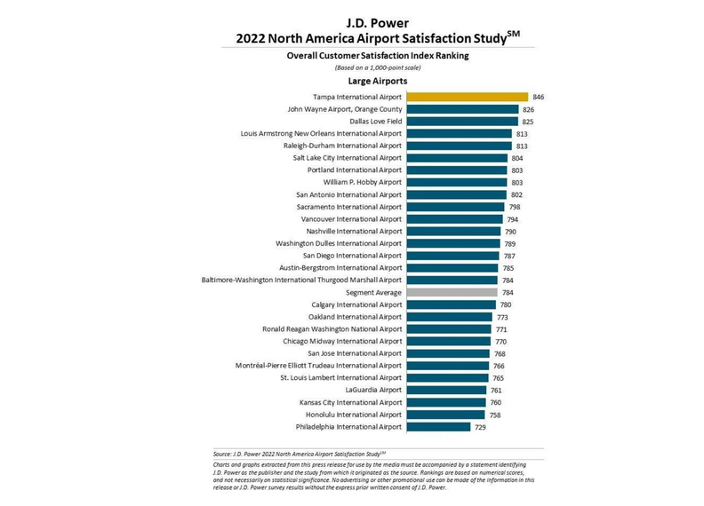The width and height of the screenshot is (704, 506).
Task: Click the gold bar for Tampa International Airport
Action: pyautogui.click(x=467, y=97)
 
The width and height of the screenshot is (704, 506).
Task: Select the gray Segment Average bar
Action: pyautogui.click(x=452, y=292)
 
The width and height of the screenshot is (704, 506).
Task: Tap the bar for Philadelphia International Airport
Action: pyautogui.click(x=438, y=427)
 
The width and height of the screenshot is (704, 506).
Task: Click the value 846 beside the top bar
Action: pyautogui.click(x=539, y=97)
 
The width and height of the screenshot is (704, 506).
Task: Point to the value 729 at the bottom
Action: pyautogui.click(x=481, y=427)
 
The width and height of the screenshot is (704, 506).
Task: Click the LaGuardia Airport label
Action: pyautogui.click(x=373, y=390)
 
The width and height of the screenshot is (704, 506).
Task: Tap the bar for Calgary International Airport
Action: pyautogui.click(x=451, y=304)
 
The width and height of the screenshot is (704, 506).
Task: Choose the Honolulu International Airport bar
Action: pyautogui.click(x=445, y=415)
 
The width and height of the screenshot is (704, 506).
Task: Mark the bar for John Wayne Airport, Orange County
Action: pyautogui.click(x=462, y=109)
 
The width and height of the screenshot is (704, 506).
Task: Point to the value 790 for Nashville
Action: pyautogui.click(x=510, y=231)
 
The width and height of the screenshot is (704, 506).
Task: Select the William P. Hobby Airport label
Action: pyautogui.click(x=359, y=182)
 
